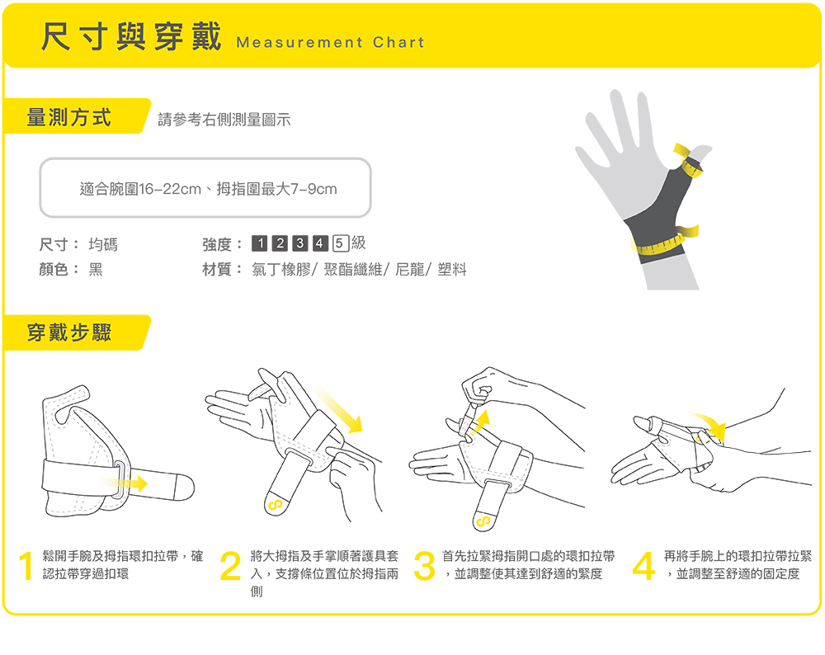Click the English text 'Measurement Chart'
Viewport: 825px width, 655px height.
(x=330, y=42)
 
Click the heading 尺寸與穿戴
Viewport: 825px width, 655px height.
(x=131, y=36)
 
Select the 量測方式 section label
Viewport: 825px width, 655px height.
(x=69, y=117)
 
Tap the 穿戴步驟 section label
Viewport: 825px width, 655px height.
(x=69, y=332)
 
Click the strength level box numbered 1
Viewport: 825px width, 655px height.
(x=260, y=243)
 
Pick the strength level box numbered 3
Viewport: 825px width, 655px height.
(x=300, y=243)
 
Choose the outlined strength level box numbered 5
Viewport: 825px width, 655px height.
(x=341, y=243)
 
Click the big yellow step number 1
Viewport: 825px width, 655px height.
(x=26, y=566)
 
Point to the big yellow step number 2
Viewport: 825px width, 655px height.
(x=230, y=566)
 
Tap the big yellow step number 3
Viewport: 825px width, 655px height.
(x=425, y=566)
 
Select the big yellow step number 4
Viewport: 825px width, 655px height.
(x=643, y=566)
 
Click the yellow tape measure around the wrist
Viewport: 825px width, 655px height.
(x=664, y=242)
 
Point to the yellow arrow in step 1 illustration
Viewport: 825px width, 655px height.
(x=125, y=483)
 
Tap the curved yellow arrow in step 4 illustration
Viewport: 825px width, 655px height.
(x=711, y=423)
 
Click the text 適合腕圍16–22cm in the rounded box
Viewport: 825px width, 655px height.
(x=140, y=188)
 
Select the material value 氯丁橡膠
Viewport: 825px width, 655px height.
(x=281, y=270)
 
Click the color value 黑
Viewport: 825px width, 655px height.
(x=95, y=270)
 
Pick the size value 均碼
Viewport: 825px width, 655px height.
(x=103, y=244)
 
